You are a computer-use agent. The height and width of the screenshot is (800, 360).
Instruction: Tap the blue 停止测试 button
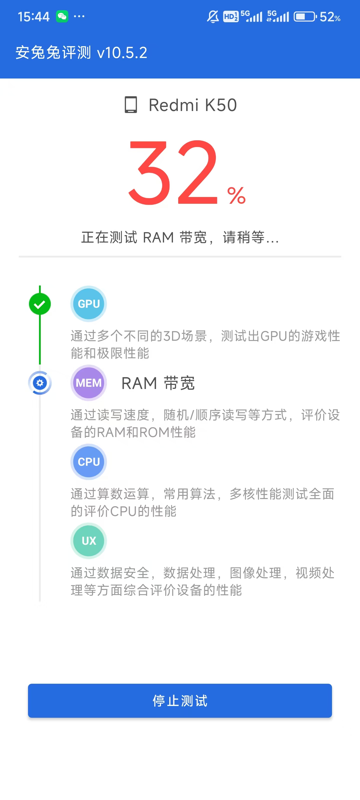[x=180, y=700]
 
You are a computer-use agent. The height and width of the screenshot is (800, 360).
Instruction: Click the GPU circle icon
[x=88, y=304]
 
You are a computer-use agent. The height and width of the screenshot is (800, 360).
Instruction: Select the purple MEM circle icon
[x=88, y=382]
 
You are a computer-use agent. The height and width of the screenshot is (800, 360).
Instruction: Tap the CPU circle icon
[x=88, y=461]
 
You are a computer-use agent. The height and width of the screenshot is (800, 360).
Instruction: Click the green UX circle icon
[x=88, y=541]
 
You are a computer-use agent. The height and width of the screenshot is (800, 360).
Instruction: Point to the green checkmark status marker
[x=40, y=304]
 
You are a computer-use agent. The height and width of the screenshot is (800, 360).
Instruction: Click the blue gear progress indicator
[x=40, y=382]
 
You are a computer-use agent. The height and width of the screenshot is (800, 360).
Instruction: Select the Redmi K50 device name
[x=192, y=105]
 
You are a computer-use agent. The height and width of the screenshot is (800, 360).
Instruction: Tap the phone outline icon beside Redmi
[x=131, y=105]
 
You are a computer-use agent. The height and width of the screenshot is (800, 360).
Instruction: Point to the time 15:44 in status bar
[x=33, y=17]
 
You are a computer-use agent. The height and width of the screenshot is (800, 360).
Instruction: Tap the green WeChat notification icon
[x=62, y=16]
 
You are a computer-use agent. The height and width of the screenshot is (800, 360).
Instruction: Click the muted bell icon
[x=213, y=16]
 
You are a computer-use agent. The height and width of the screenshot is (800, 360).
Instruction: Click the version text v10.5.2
[x=122, y=53]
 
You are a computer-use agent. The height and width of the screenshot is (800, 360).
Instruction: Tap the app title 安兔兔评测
[x=53, y=52]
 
